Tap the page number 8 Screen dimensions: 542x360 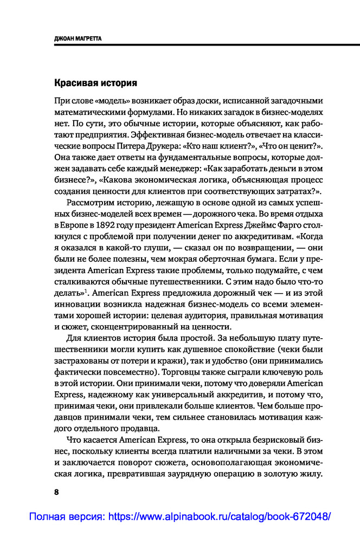click(56, 492)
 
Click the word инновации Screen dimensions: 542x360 click(77, 305)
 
